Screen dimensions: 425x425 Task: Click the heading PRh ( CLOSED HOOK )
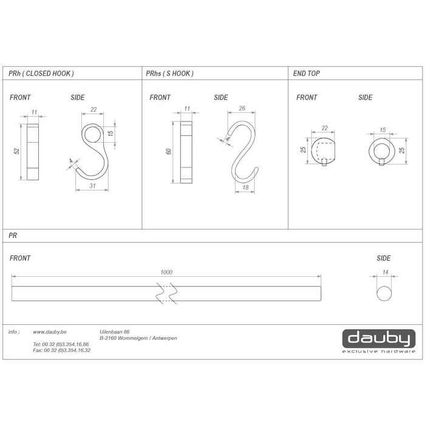(41, 73)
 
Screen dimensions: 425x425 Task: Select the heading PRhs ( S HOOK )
(169, 73)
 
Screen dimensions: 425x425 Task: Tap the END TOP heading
(307, 73)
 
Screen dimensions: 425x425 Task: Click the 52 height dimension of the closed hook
(18, 152)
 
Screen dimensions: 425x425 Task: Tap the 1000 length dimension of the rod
(166, 272)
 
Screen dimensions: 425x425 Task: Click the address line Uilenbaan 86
(114, 332)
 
